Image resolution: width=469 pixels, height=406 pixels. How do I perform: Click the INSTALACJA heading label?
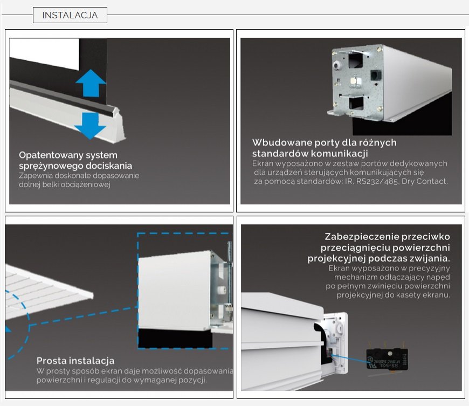(70, 15)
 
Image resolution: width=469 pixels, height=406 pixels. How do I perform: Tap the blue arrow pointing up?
(91, 83)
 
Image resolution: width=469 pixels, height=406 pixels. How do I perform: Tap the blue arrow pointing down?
(90, 126)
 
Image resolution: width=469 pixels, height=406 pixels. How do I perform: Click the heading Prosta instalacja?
(75, 361)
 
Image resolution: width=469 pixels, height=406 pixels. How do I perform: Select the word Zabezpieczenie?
(361, 237)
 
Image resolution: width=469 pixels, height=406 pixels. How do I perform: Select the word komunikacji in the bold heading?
(340, 154)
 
